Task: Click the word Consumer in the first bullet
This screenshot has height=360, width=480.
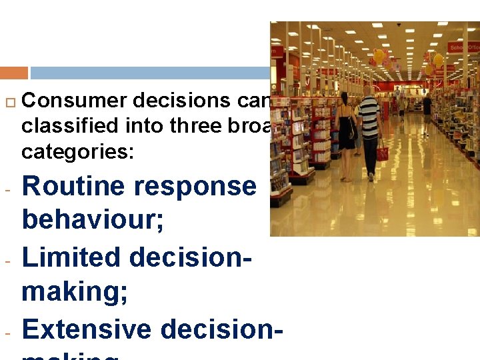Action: tap(75, 101)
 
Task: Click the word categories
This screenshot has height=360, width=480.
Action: tap(77, 152)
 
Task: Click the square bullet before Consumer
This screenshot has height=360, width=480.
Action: tap(9, 101)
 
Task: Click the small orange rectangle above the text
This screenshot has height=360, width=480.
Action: tap(14, 73)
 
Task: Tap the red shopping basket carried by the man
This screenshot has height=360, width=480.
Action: tap(382, 153)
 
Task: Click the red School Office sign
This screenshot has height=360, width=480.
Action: tap(463, 47)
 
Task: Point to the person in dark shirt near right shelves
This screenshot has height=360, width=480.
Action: tap(427, 107)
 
